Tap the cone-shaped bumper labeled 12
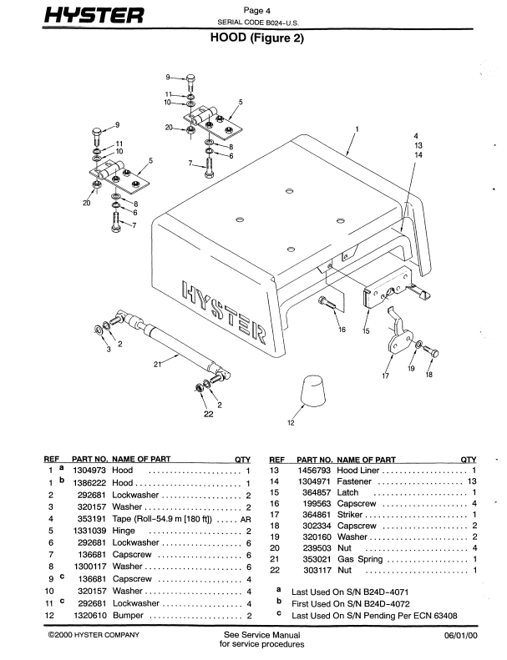pyautogui.click(x=312, y=391)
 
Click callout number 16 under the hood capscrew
pyautogui.click(x=341, y=330)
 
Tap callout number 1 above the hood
pyautogui.click(x=357, y=128)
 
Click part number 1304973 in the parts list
pyautogui.click(x=89, y=471)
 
